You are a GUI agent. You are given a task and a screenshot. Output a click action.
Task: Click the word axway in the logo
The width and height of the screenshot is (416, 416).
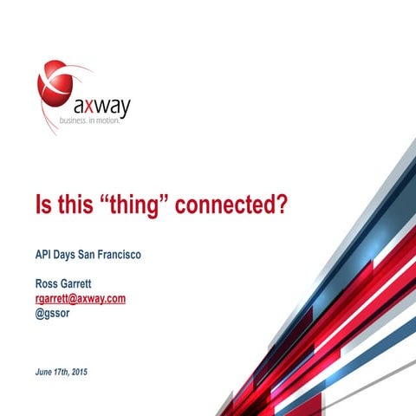click(x=101, y=107)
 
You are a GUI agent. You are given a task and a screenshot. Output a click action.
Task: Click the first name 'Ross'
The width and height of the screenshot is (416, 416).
click(x=47, y=283)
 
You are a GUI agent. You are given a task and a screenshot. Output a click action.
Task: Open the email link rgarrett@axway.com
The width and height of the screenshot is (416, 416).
click(x=80, y=298)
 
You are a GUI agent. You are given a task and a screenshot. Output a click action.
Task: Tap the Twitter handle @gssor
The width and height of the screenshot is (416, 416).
click(x=53, y=313)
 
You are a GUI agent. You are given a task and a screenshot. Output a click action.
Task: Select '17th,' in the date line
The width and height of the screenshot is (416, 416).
click(x=62, y=372)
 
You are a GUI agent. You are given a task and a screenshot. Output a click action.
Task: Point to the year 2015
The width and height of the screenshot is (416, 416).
click(x=81, y=372)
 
